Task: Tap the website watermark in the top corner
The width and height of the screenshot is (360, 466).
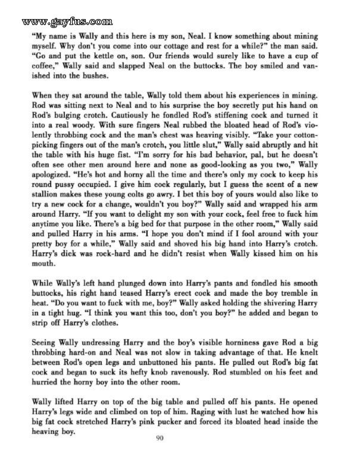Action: pos(59,23)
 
